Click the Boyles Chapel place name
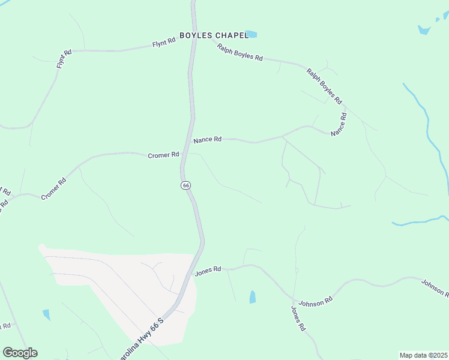pos(214,35)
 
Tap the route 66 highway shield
pos(186,185)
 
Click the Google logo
pos(20,353)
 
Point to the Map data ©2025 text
pos(423,355)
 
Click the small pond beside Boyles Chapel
pos(250,34)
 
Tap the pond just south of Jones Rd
pos(253,296)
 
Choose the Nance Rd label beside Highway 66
pos(208,140)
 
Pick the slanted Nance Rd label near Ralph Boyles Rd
pos(340,124)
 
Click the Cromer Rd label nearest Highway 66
pos(163,155)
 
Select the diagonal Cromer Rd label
pos(53,189)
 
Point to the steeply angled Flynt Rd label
pos(64,59)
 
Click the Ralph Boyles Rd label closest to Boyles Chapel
pos(240,52)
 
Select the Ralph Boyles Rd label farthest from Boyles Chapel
pos(324,86)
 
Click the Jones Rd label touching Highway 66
pos(208,271)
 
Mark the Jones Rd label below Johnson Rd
pos(298,319)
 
